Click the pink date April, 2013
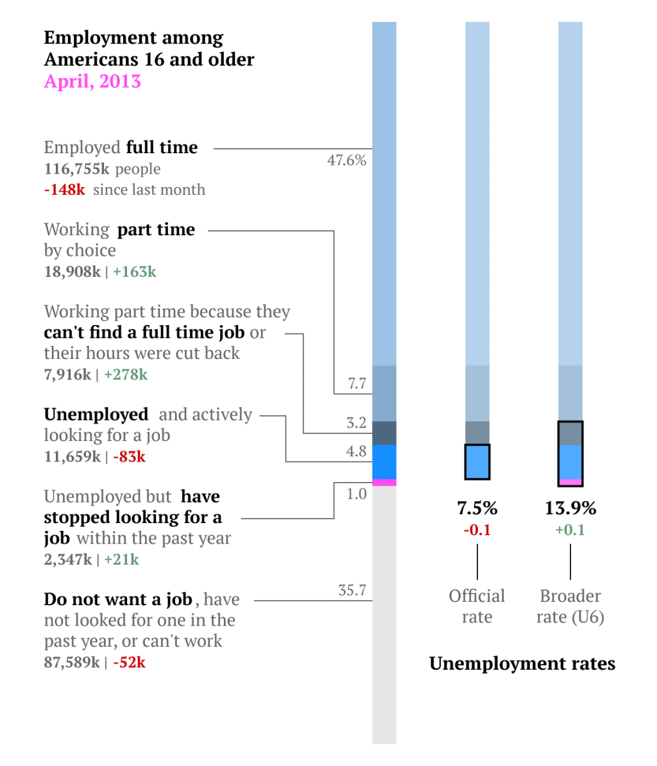point(92,81)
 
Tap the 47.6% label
point(346,160)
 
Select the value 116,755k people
point(102,169)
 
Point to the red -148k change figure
point(64,190)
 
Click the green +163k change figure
point(135,272)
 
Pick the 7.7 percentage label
point(357,383)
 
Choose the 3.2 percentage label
point(356,422)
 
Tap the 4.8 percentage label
point(356,451)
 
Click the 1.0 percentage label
point(356,494)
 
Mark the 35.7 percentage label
point(352,590)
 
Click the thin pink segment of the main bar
point(384,482)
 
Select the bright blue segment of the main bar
point(384,462)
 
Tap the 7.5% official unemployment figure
point(477,508)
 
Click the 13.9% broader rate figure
point(570,508)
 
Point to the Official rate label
point(477,606)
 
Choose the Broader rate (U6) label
point(570,606)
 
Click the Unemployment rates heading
point(522,663)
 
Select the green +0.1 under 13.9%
point(570,530)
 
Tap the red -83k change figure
point(129,457)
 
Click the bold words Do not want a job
point(118,599)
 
